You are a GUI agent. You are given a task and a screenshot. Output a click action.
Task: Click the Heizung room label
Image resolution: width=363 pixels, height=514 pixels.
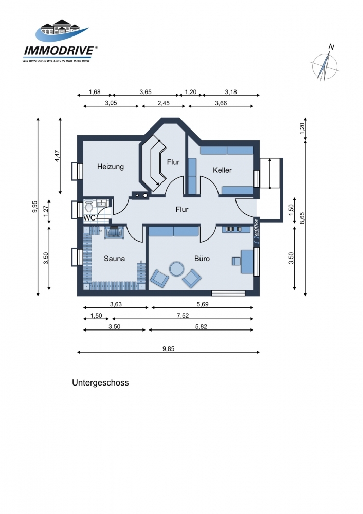[x=111, y=167]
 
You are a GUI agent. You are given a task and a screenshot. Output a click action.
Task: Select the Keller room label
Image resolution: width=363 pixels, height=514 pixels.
[x=222, y=170]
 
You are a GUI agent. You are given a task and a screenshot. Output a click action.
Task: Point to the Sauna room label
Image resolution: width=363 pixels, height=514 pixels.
[x=115, y=259]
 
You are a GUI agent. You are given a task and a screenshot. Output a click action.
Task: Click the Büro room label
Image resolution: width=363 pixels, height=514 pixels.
[x=202, y=259]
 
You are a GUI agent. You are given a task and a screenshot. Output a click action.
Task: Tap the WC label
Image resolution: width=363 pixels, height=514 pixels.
[x=89, y=218]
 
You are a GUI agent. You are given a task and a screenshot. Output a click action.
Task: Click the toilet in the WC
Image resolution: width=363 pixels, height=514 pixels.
[x=88, y=207]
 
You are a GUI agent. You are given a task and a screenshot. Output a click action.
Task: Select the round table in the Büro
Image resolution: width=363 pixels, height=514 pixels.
[x=177, y=269]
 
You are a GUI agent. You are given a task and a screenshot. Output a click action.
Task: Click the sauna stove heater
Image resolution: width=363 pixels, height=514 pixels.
[x=114, y=232]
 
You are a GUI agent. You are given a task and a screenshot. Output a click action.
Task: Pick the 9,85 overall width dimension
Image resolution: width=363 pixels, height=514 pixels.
[x=169, y=349]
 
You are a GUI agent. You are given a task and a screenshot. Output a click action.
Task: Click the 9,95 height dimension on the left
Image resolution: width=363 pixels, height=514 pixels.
[x=35, y=207]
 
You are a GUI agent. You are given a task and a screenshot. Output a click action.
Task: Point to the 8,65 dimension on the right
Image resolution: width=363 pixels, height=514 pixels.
[x=302, y=218]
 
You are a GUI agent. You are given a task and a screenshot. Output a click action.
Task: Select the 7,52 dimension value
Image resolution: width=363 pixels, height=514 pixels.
[x=183, y=316]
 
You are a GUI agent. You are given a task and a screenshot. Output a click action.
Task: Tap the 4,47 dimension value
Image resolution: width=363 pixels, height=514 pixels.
[x=57, y=156]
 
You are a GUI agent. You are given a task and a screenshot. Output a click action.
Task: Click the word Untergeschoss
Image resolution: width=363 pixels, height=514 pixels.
[x=100, y=383]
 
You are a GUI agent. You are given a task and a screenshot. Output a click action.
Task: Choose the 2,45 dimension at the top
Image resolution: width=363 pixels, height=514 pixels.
[x=164, y=103]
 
